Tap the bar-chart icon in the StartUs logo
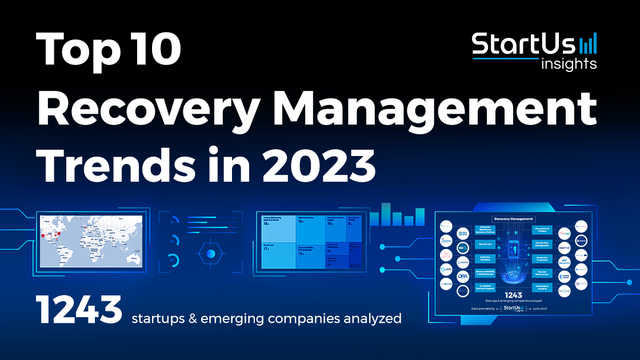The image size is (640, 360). coord(588,43)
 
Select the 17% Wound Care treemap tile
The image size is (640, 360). coord(278,254)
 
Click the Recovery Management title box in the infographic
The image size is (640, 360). coord(513,219)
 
